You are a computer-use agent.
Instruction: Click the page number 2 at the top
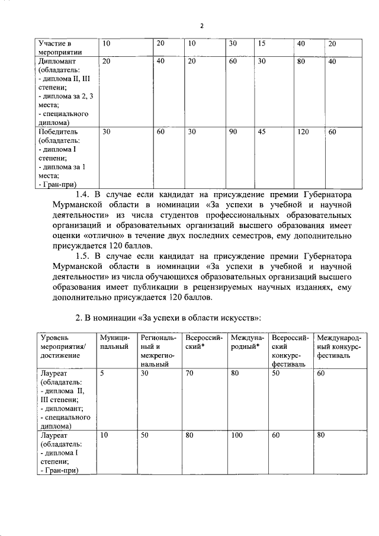(x=201, y=25)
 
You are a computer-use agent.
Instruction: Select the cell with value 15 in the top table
(x=262, y=44)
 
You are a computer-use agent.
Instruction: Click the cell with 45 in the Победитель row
(x=262, y=131)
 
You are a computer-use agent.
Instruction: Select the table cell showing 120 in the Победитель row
(x=303, y=131)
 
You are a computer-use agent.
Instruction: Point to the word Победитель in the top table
(x=58, y=131)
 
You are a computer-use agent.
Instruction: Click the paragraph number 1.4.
(x=86, y=194)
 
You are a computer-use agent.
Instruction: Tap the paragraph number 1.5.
(x=86, y=256)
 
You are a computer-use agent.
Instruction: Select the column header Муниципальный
(x=114, y=342)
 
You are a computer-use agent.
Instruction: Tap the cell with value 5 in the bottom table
(x=103, y=374)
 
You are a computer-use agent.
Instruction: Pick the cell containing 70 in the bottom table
(x=189, y=374)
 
